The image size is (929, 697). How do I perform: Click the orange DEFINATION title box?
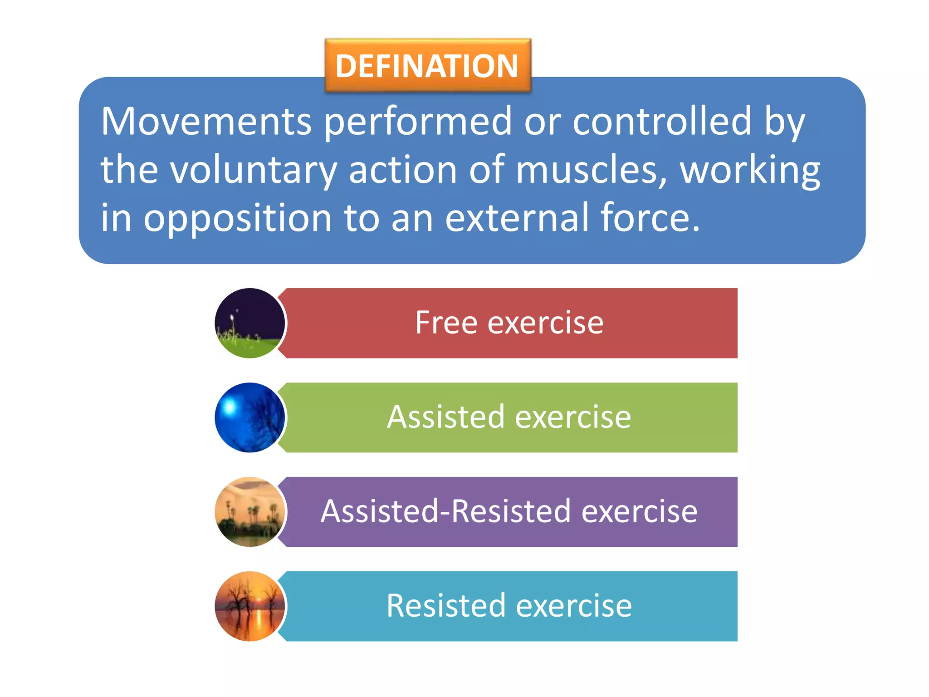[x=427, y=66]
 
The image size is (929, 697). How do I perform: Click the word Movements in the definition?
[x=206, y=122]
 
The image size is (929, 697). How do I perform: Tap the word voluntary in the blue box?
[x=253, y=170]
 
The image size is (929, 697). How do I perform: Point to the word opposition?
[x=238, y=219]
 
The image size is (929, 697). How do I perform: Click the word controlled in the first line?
[x=662, y=122]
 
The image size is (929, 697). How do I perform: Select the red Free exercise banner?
[x=508, y=323]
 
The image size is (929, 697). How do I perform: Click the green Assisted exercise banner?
[x=508, y=417]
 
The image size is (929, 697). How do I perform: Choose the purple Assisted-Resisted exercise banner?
[x=508, y=512]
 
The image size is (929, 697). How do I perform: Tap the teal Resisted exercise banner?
[x=508, y=606]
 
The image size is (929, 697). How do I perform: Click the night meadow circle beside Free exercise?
[x=249, y=323]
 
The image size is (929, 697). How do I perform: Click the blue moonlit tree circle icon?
[x=249, y=417]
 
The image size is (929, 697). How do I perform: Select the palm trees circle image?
[x=249, y=512]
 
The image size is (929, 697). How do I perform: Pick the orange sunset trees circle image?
[x=249, y=606]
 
